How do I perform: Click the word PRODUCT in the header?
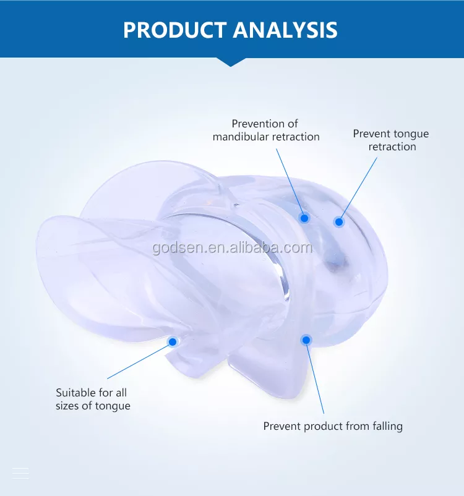(175, 30)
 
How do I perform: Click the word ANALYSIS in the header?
(285, 30)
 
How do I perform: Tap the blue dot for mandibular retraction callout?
(304, 218)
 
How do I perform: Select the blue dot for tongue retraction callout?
(339, 222)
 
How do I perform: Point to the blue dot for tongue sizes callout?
(173, 341)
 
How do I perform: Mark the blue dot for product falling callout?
(306, 340)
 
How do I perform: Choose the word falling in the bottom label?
(387, 426)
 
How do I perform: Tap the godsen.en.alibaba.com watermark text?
(233, 247)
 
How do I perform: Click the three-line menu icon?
(20, 473)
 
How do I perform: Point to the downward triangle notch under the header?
(231, 62)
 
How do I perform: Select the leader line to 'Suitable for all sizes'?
(139, 362)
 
